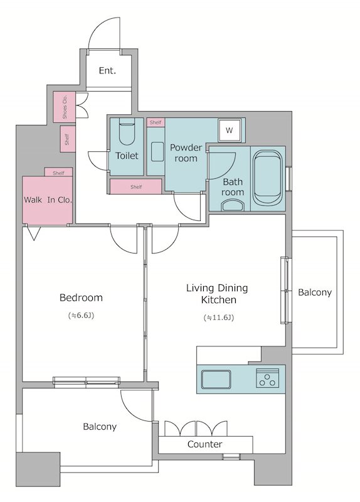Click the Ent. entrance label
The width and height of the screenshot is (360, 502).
pyautogui.click(x=107, y=70)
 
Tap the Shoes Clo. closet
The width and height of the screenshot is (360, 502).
pyautogui.click(x=65, y=107)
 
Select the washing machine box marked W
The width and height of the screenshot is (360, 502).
pyautogui.click(x=229, y=131)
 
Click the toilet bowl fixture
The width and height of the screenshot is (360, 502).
pyautogui.click(x=127, y=131)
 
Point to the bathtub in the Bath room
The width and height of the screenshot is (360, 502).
pyautogui.click(x=268, y=178)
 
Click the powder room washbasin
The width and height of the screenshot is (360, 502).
pyautogui.click(x=157, y=152)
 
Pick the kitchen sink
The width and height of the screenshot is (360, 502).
pyautogui.click(x=216, y=380)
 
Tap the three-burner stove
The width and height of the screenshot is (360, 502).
pyautogui.click(x=268, y=378)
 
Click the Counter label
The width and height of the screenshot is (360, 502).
pyautogui.click(x=205, y=444)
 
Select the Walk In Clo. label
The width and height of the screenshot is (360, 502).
pyautogui.click(x=48, y=200)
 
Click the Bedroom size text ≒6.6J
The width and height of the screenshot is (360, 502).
pyautogui.click(x=81, y=316)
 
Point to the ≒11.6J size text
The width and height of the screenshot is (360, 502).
pyautogui.click(x=219, y=318)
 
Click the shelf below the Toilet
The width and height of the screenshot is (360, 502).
pyautogui.click(x=135, y=186)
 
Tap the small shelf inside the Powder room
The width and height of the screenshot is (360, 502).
pyautogui.click(x=156, y=122)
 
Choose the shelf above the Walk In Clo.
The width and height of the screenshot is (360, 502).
pyautogui.click(x=58, y=172)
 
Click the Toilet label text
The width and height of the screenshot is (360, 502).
pyautogui.click(x=127, y=156)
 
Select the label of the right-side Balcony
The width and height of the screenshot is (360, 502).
pyautogui.click(x=315, y=292)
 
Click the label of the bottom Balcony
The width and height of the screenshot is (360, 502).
pyautogui.click(x=100, y=427)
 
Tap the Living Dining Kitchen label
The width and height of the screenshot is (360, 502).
pyautogui.click(x=217, y=294)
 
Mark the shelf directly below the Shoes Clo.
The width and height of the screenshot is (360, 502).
pyautogui.click(x=68, y=139)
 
